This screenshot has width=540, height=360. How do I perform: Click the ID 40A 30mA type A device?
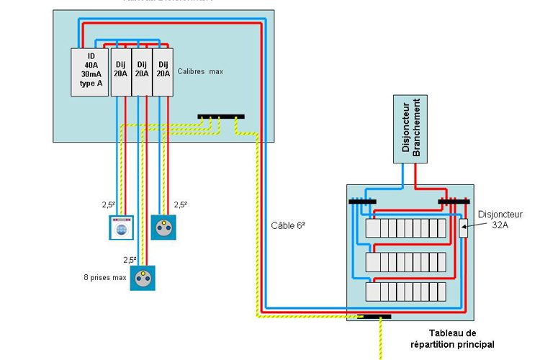point(89,72)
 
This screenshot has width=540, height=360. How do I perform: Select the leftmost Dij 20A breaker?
point(121,72)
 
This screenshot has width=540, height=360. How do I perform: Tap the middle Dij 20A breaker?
point(142,72)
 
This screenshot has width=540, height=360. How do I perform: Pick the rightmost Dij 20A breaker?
point(163,72)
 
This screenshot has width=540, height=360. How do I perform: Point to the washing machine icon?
point(122,228)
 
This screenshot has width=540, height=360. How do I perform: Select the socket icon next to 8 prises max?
point(143,277)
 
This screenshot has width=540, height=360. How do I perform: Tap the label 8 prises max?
point(104,276)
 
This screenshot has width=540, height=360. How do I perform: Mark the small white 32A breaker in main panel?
point(464,228)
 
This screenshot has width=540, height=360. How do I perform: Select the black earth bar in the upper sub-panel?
point(221,116)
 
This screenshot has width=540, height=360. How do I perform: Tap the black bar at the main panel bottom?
point(375,316)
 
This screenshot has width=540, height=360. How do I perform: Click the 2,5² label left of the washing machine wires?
point(109,204)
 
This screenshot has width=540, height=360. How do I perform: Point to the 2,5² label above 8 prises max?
point(130,260)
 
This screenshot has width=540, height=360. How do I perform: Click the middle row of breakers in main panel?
point(405,261)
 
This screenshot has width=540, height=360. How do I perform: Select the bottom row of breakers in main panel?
point(405,292)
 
